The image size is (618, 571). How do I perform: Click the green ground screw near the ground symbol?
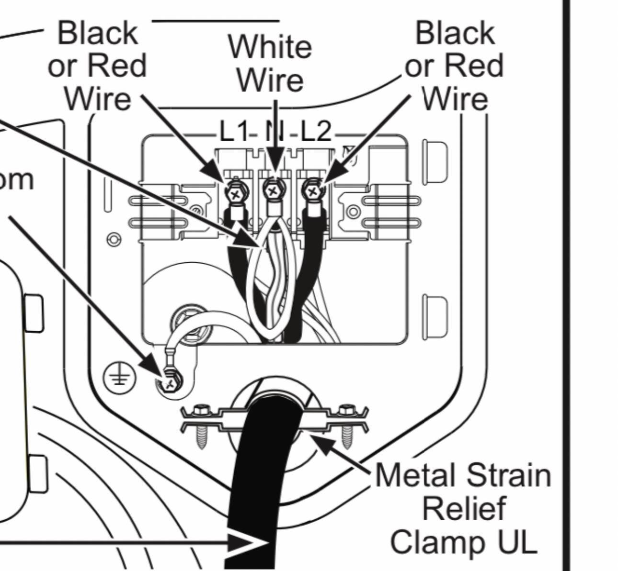click(x=170, y=381)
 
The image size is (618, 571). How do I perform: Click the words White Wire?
click(x=270, y=63)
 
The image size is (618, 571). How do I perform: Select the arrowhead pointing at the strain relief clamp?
click(x=319, y=439)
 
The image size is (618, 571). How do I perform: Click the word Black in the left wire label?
click(x=97, y=34)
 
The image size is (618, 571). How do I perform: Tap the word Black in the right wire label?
click(x=455, y=34)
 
